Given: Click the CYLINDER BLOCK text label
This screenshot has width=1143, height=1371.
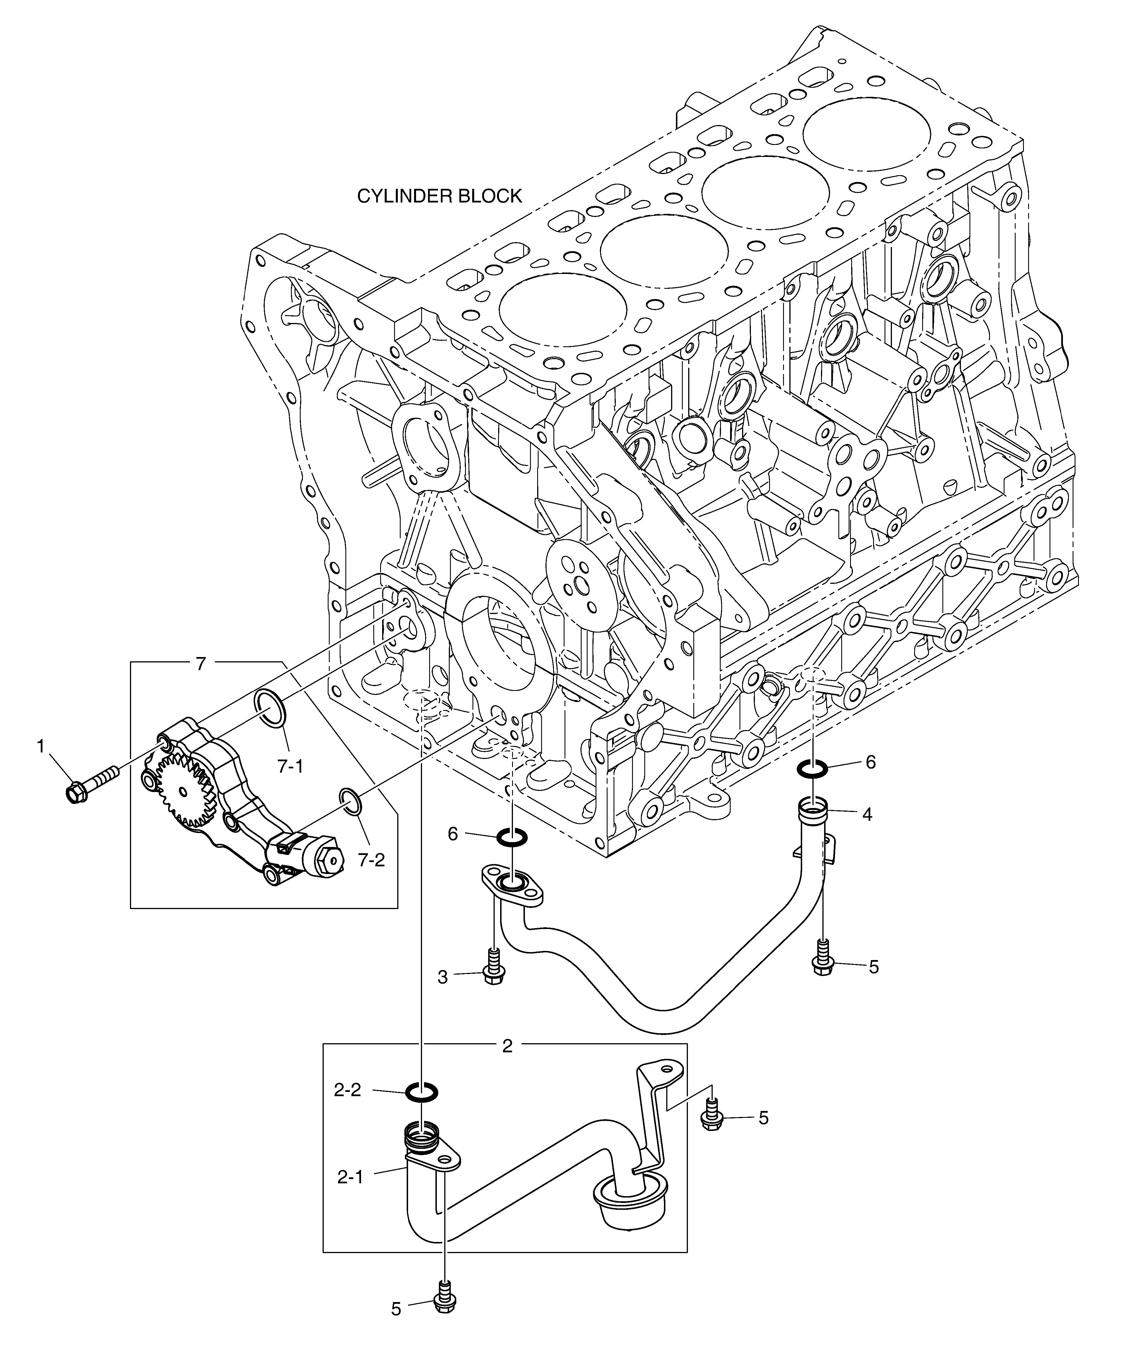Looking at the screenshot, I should click(x=440, y=196).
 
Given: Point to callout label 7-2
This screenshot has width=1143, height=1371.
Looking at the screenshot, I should click(x=371, y=860).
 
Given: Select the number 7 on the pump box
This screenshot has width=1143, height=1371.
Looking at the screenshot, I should click(x=201, y=664).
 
